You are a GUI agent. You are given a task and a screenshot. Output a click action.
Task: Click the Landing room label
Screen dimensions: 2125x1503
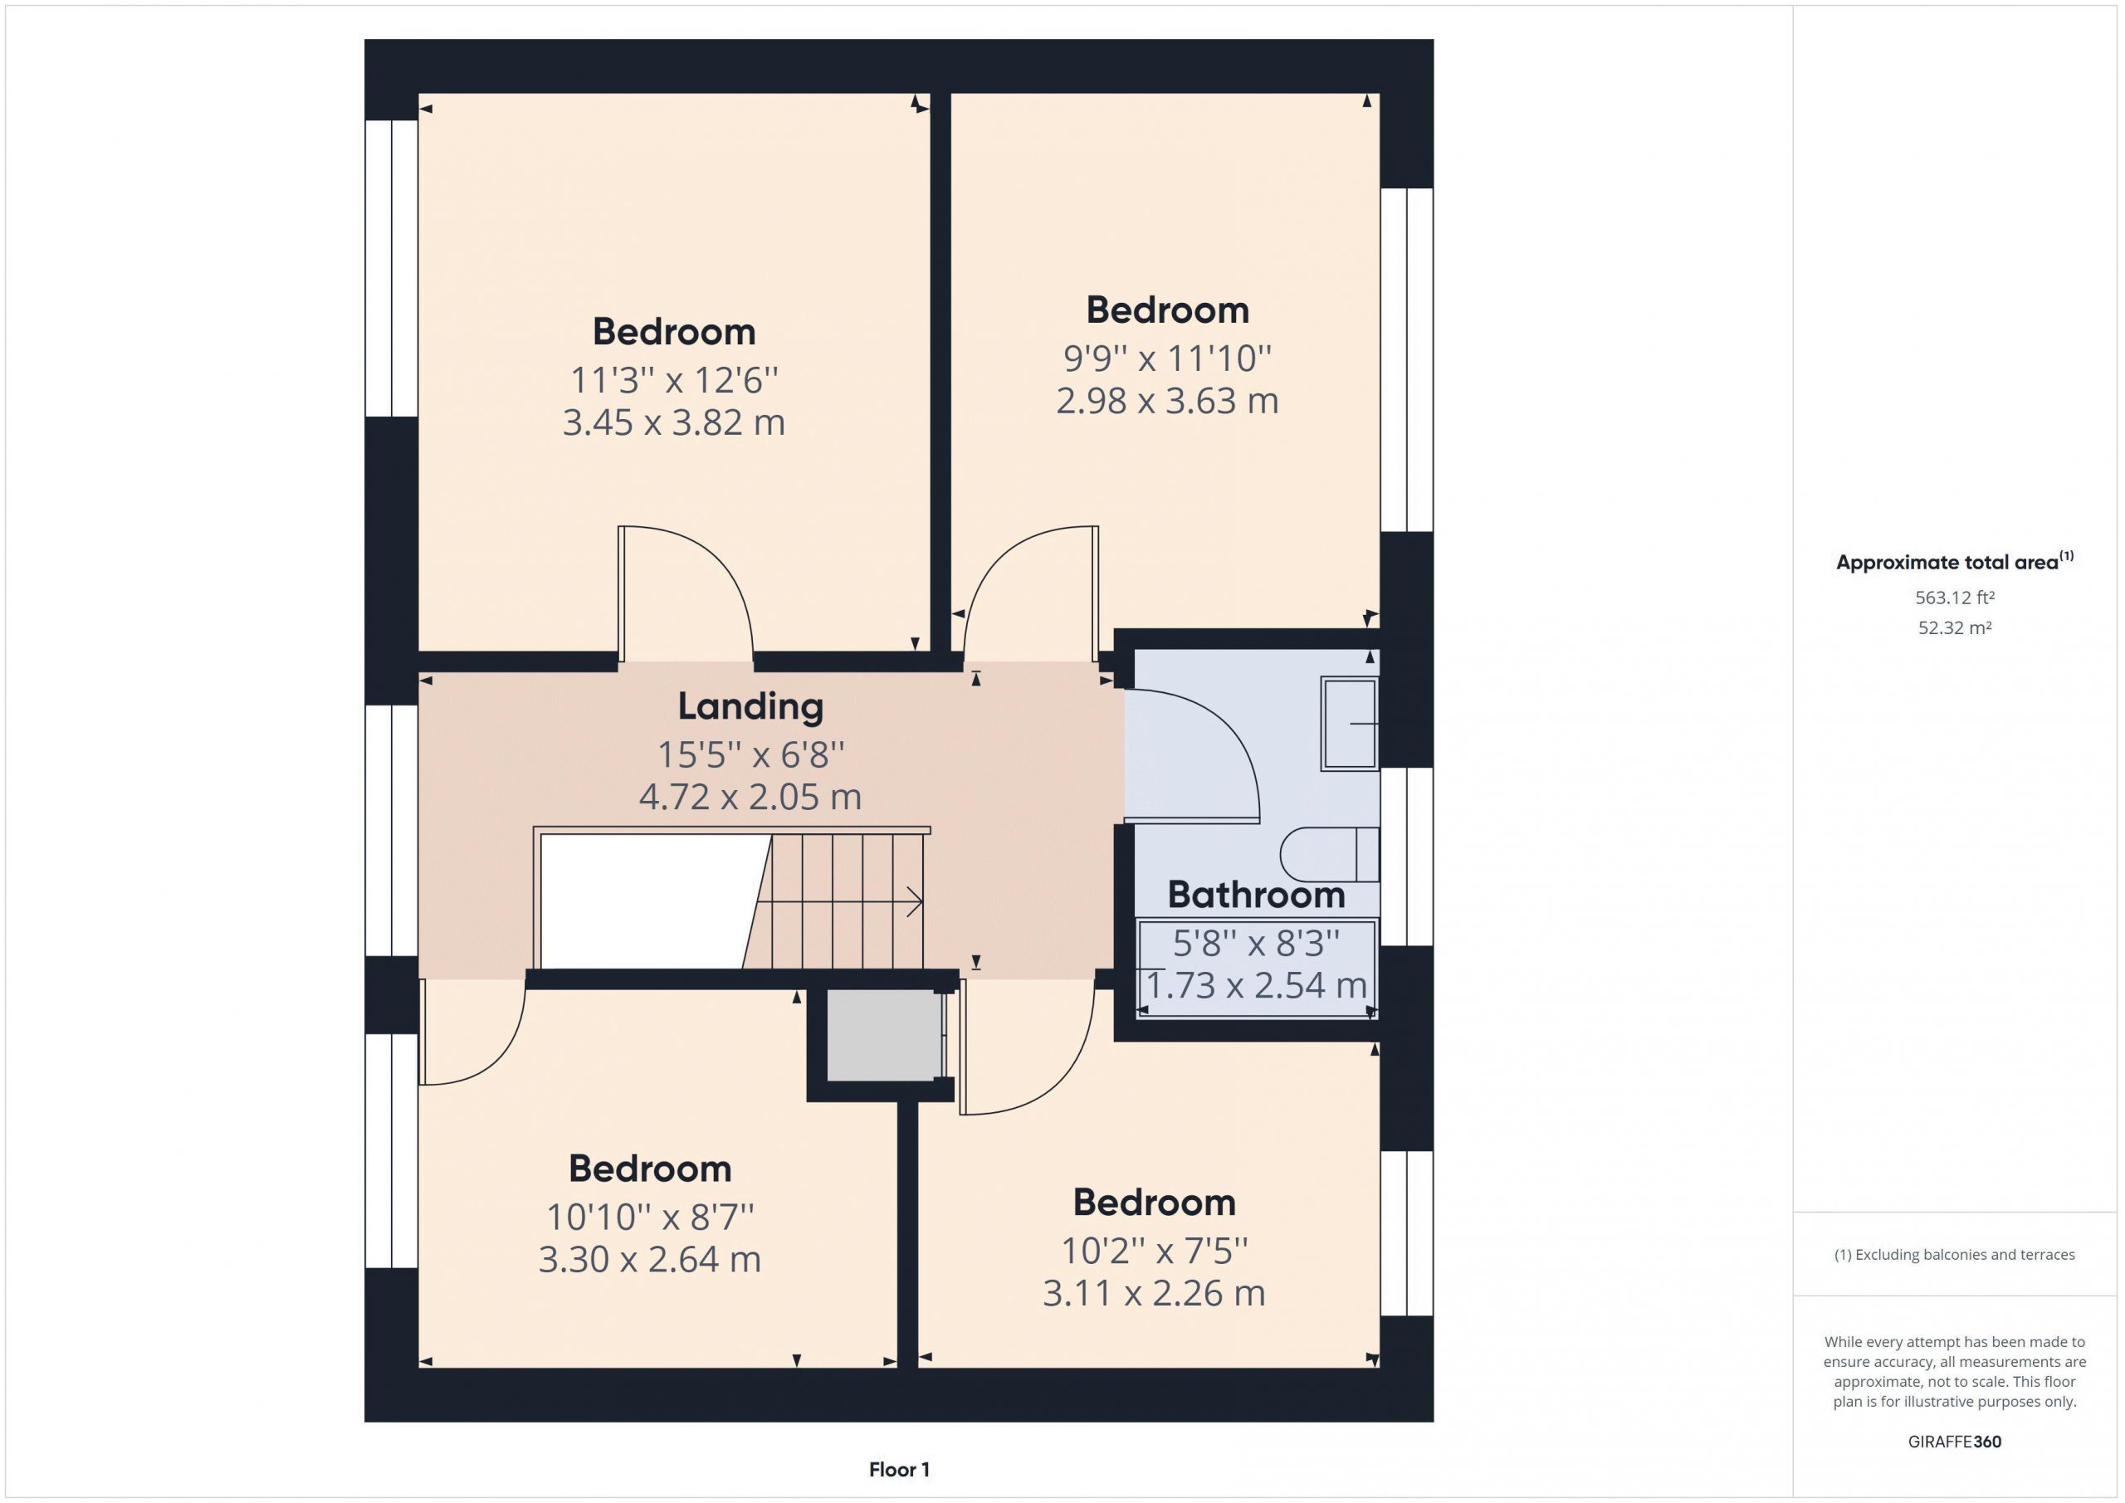pyautogui.click(x=750, y=707)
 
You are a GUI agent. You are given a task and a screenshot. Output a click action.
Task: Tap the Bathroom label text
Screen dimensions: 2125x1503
pyautogui.click(x=1256, y=895)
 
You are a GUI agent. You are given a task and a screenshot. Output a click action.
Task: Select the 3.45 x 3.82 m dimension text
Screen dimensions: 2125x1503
pyautogui.click(x=674, y=423)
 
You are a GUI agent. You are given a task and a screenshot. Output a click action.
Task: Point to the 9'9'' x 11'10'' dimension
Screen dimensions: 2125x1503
pyautogui.click(x=1167, y=359)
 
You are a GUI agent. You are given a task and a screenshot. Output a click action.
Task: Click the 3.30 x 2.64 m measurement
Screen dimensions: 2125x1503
pyautogui.click(x=650, y=1260)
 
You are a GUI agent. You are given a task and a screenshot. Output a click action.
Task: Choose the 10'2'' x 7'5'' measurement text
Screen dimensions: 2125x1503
pyautogui.click(x=1154, y=1252)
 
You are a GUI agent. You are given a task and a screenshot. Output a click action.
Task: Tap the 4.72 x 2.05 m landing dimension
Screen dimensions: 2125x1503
pyautogui.click(x=750, y=797)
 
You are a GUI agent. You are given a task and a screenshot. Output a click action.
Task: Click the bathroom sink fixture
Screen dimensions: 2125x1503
pyautogui.click(x=1350, y=723)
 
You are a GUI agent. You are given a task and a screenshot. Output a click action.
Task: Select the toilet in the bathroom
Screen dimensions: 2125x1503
pyautogui.click(x=1330, y=853)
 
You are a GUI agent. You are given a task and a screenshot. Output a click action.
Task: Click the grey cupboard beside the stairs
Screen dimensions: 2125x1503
pyautogui.click(x=884, y=1035)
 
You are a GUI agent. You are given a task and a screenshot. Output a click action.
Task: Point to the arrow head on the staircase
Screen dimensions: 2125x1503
pyautogui.click(x=916, y=901)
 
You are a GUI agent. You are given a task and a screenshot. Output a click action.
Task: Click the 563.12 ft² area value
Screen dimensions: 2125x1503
pyautogui.click(x=1955, y=598)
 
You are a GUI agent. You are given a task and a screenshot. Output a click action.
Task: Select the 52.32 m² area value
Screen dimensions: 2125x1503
pyautogui.click(x=1955, y=627)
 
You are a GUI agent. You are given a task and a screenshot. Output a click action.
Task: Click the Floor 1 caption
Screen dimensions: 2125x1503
pyautogui.click(x=899, y=1469)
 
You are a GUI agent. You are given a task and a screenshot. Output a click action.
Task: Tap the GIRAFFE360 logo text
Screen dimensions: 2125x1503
pyautogui.click(x=1955, y=1441)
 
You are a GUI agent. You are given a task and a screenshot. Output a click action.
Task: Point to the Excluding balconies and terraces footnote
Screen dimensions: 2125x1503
pyautogui.click(x=1955, y=1255)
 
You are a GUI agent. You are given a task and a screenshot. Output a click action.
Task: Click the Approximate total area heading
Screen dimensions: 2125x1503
pyautogui.click(x=1955, y=562)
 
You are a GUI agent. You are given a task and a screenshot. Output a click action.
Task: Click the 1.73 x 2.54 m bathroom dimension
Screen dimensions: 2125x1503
pyautogui.click(x=1257, y=985)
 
